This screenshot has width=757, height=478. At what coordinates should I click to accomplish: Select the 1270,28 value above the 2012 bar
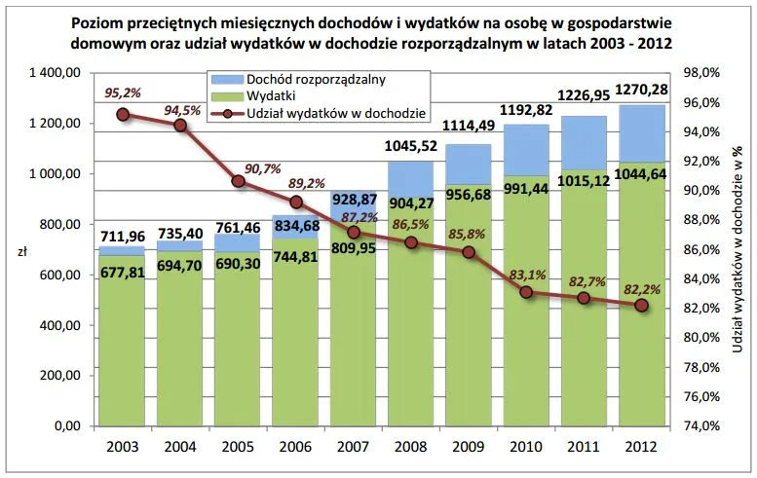pos(640,91)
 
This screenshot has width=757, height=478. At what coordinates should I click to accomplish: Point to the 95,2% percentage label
pos(123,92)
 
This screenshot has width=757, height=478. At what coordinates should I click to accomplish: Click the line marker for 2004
pos(180,125)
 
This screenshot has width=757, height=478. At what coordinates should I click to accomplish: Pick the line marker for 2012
pos(640,306)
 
